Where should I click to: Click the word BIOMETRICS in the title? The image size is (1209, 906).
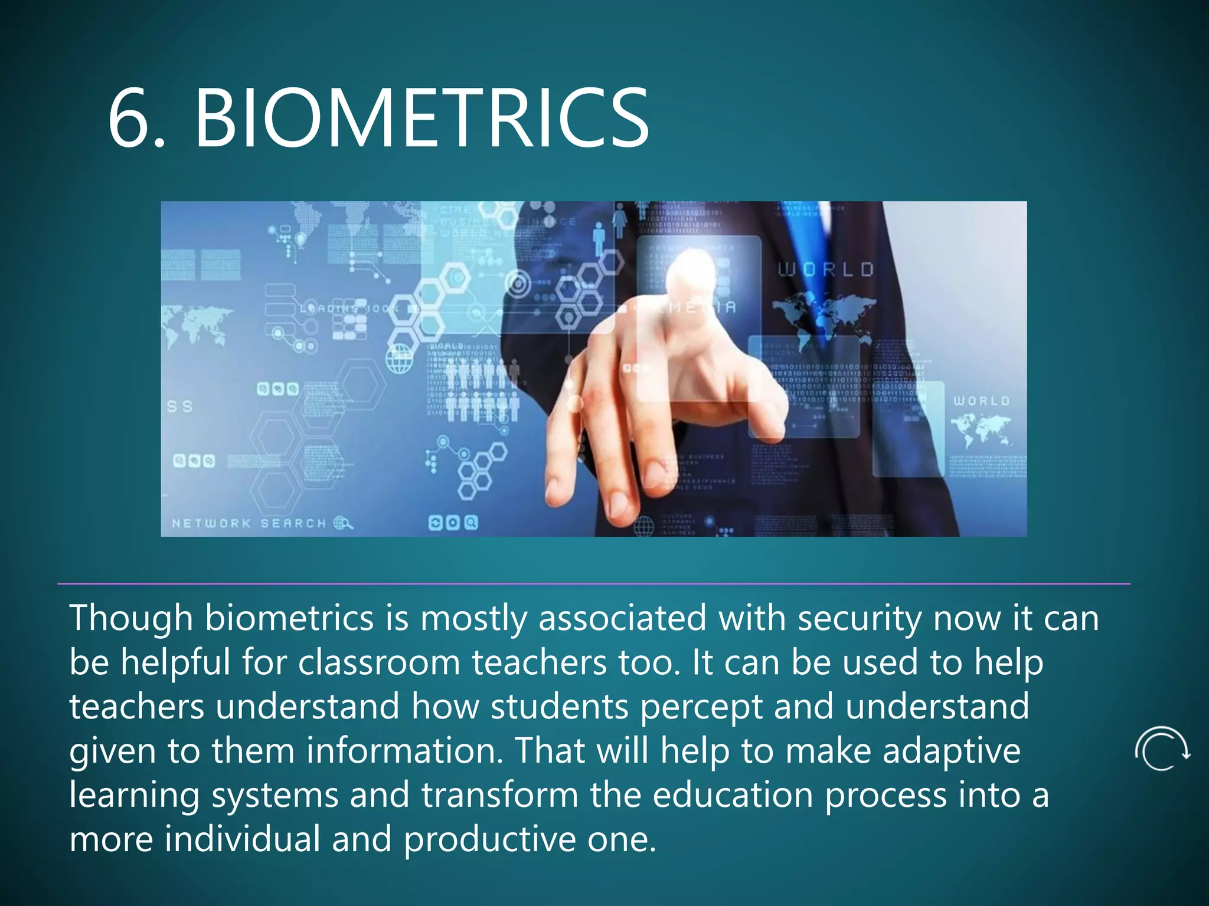tap(421, 117)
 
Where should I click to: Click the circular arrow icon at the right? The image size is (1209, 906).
tap(1162, 749)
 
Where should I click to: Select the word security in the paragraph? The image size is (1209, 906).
tap(859, 618)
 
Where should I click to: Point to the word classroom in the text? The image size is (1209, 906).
tap(378, 662)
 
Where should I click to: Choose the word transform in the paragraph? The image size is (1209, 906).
tap(499, 795)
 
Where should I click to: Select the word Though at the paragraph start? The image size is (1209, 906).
tap(130, 618)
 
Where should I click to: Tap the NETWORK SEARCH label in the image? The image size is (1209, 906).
tap(249, 523)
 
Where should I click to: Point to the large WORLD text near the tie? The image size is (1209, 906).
tap(825, 270)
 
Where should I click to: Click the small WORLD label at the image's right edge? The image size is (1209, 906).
tap(982, 401)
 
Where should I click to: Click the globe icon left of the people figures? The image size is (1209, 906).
tap(400, 359)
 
